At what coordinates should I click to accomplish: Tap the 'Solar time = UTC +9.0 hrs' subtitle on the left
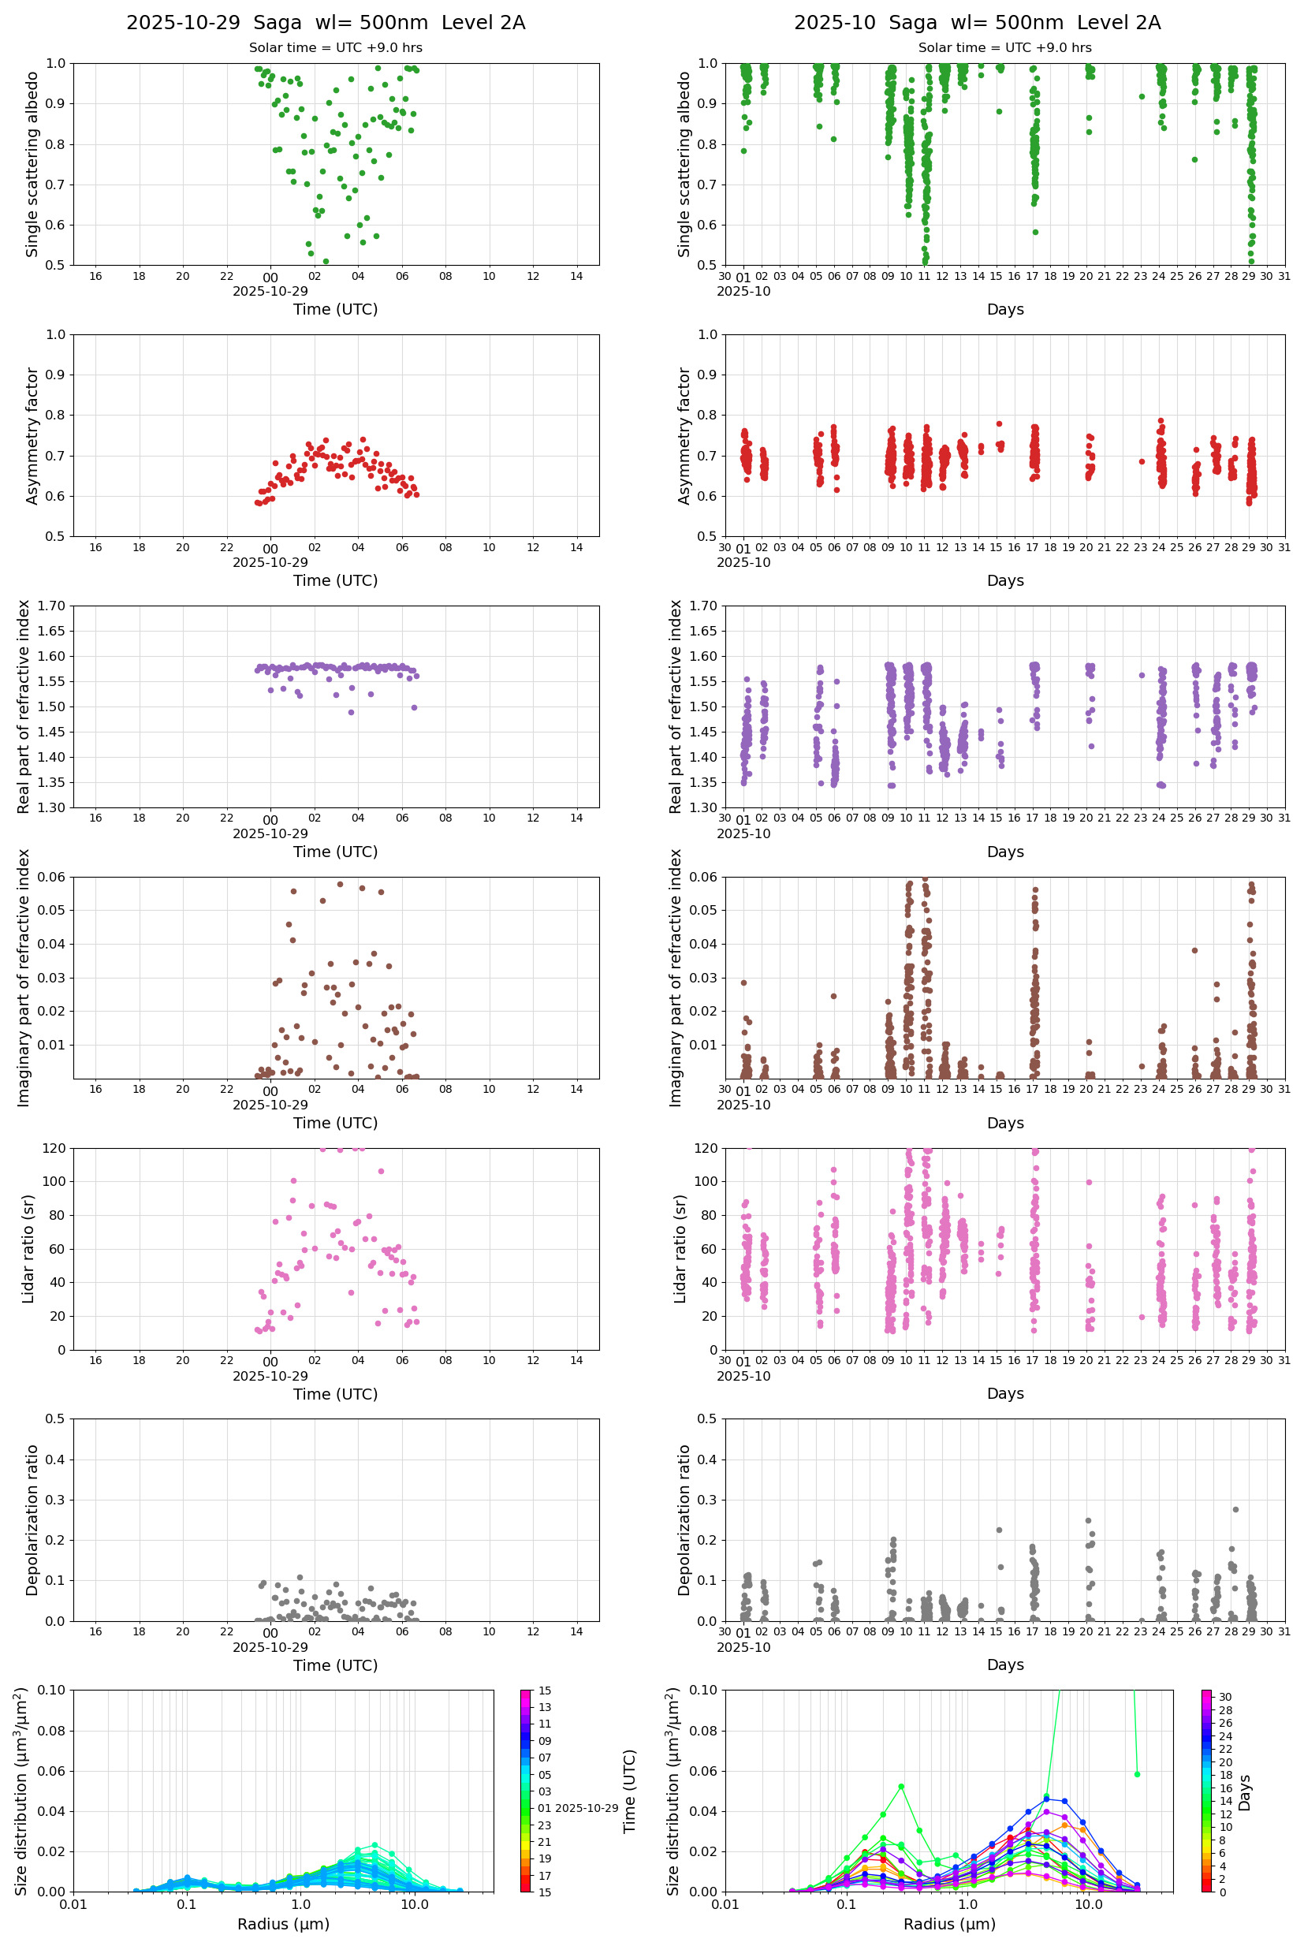335,48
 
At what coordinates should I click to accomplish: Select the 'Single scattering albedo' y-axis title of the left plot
32,164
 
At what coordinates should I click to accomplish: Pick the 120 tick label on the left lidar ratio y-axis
55,1149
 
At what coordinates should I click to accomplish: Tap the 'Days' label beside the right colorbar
1244,1793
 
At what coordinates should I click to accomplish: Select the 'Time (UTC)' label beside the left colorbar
630,1791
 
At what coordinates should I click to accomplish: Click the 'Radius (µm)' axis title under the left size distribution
284,1924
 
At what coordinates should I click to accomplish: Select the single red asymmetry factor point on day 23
1142,461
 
